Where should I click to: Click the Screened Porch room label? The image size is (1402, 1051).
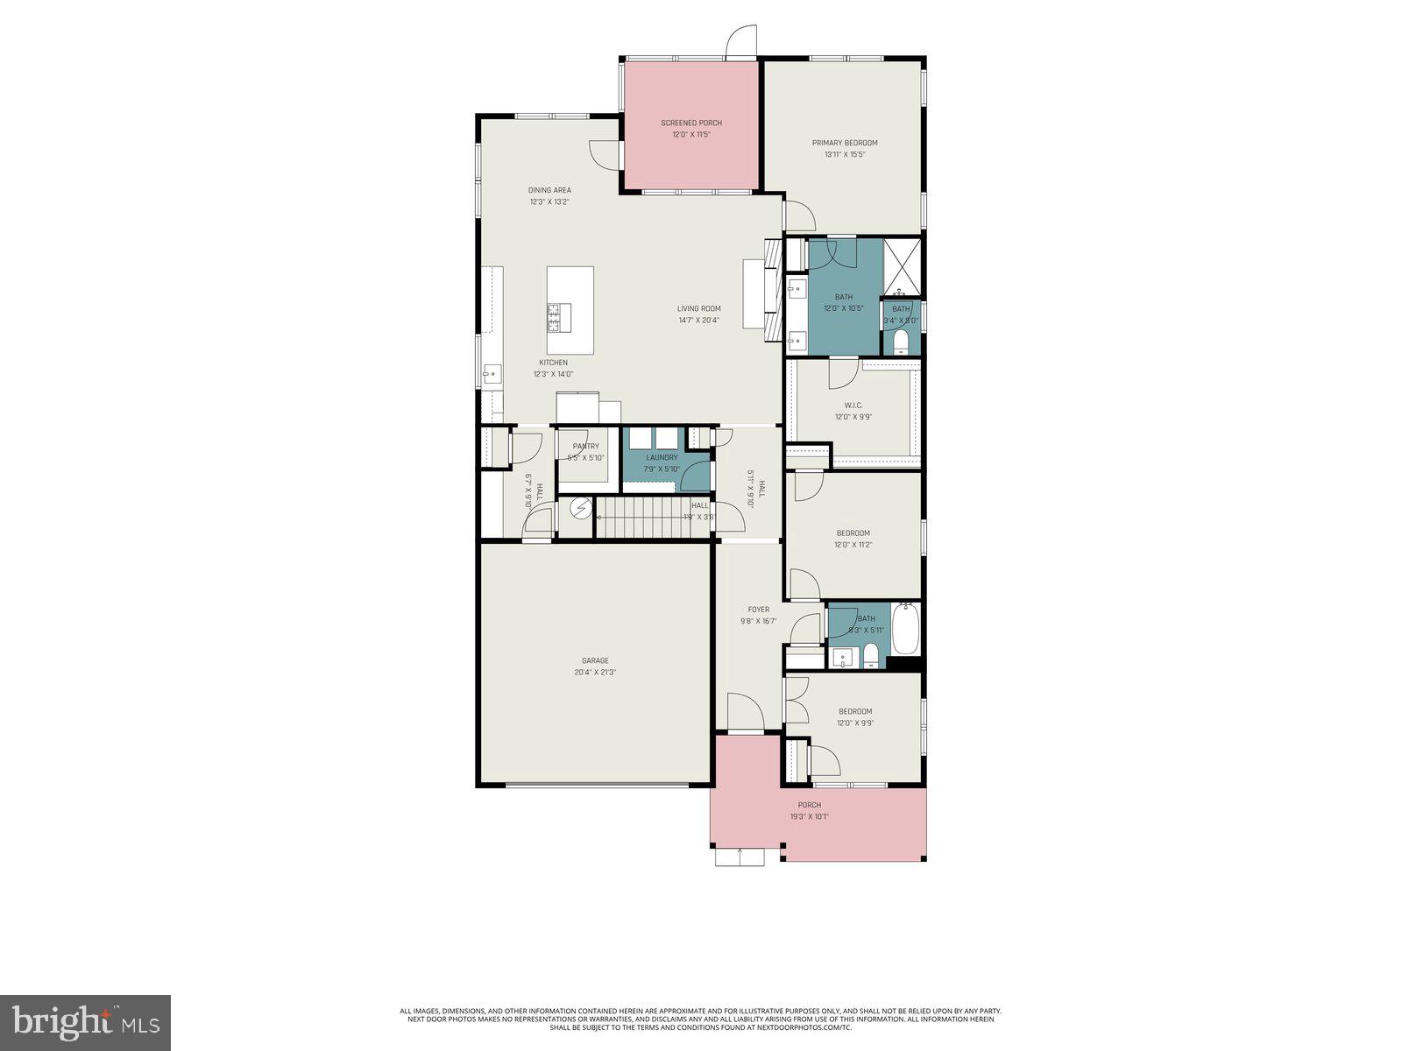[691, 123]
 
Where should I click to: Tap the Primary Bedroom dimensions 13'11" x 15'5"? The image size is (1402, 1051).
[844, 155]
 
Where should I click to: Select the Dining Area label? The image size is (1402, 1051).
[549, 190]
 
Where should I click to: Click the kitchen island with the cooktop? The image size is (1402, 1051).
[570, 300]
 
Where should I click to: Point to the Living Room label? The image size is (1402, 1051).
[698, 308]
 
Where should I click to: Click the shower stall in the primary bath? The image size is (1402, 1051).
[902, 265]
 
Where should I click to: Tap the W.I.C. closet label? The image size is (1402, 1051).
[853, 406]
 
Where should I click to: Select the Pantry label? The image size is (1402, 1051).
[585, 447]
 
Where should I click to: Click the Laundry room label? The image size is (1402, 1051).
[662, 457]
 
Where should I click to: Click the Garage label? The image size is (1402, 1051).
[595, 661]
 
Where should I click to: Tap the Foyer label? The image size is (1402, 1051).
[758, 610]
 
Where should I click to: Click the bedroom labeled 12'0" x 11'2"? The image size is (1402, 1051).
[853, 539]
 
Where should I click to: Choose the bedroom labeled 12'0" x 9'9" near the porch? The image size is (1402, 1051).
[854, 717]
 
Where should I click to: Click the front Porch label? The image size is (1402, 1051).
[809, 805]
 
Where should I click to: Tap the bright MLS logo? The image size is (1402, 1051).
[85, 1022]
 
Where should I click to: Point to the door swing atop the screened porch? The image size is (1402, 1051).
[741, 42]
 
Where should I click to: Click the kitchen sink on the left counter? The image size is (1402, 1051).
[492, 374]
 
